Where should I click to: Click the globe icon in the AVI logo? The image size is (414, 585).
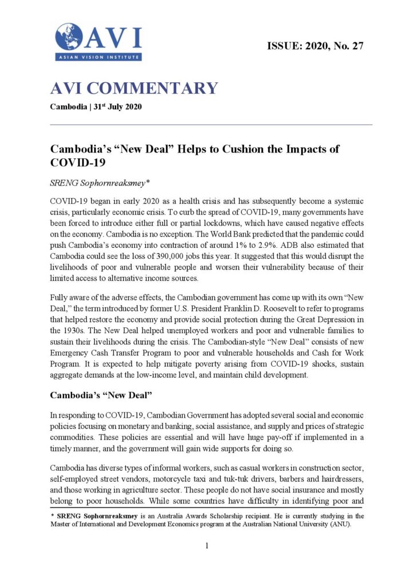tap(69, 36)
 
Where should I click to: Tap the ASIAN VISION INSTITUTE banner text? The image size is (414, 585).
tap(98, 57)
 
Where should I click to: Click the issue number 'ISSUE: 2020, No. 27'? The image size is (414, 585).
tap(315, 46)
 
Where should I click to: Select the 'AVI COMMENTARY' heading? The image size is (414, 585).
tap(134, 89)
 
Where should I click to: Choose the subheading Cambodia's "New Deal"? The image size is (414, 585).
tap(99, 395)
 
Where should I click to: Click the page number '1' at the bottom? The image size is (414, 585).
tap(207, 546)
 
